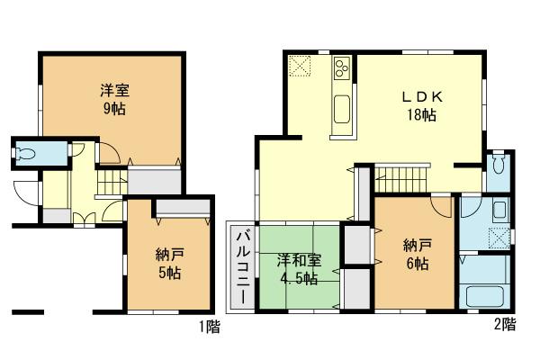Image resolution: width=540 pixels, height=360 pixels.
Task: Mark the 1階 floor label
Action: [208, 327]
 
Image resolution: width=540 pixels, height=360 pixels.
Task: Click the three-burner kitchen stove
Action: [343, 67]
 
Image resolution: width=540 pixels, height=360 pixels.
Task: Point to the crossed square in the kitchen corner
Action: [299, 66]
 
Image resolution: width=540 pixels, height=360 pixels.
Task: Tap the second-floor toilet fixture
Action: [500, 166]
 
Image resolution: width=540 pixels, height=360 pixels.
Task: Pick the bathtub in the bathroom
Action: [488, 296]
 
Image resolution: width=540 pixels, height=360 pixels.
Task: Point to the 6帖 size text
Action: [415, 265]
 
